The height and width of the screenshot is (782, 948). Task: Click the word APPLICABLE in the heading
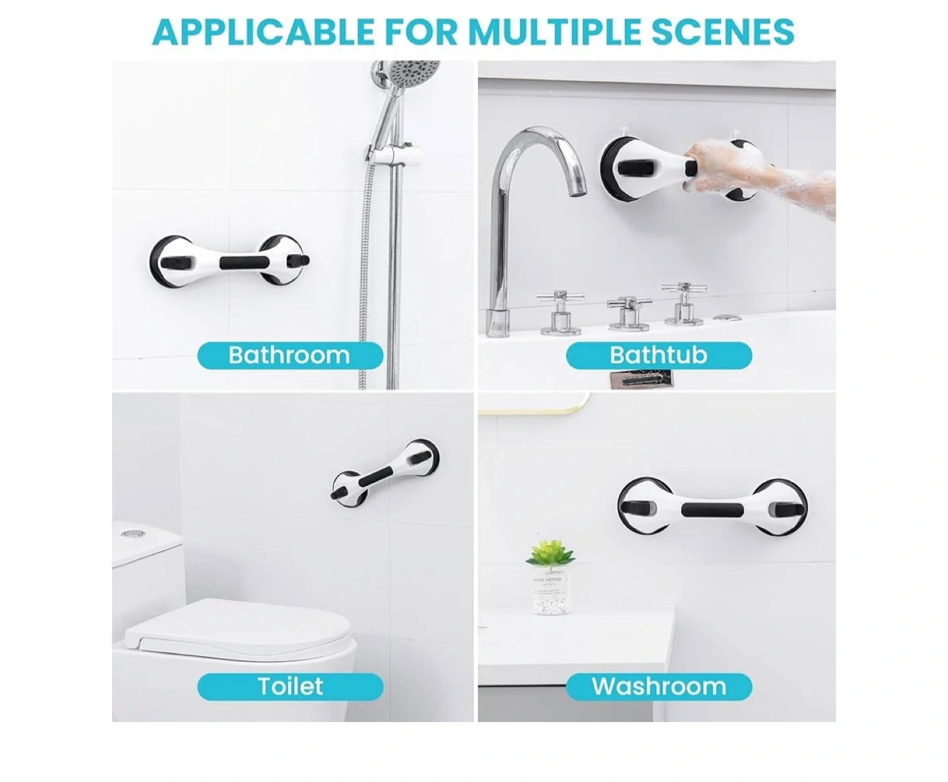click(263, 32)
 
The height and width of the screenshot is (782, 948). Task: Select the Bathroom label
click(290, 355)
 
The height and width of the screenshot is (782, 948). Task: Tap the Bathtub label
click(659, 355)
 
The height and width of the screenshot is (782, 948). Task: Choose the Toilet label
click(290, 686)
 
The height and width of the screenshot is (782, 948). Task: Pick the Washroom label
click(659, 686)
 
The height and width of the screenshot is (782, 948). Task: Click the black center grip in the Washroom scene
click(712, 510)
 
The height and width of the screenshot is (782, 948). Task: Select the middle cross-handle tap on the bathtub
click(629, 312)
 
